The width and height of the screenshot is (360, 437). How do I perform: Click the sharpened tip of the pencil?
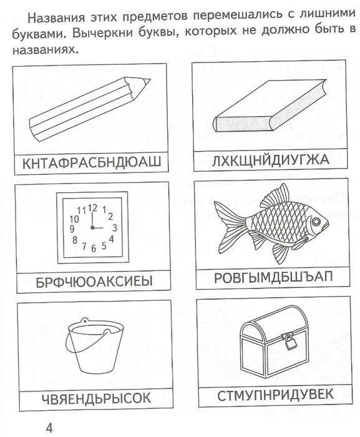150,80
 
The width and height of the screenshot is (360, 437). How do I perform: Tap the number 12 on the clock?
92,208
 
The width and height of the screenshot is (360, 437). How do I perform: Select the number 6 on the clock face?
94,248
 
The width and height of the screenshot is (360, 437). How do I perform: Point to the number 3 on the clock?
114,228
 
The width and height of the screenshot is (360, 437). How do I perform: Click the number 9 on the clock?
72,229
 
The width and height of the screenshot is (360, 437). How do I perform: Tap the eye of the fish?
316,221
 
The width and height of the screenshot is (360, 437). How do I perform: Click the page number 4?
49,427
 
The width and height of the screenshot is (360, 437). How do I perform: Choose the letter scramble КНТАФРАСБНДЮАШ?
91,163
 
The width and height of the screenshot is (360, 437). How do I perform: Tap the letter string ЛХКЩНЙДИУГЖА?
270,160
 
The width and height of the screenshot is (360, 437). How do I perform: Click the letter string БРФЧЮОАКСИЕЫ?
94,282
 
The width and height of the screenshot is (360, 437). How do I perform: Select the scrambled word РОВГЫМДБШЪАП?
273,277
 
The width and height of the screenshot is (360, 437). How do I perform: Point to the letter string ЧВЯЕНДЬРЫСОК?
96,398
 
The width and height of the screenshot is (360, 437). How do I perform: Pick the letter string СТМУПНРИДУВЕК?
275,395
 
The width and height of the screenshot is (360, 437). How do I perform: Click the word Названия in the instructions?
57,18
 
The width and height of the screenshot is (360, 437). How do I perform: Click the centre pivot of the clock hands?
92,228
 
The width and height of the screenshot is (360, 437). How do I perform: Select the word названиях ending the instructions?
44,49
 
